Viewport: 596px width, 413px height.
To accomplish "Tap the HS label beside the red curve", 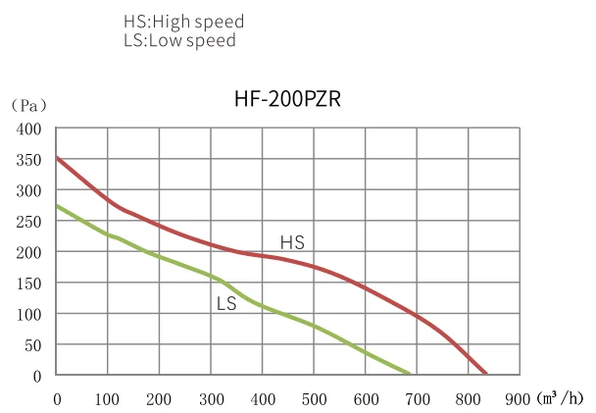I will click(292, 241).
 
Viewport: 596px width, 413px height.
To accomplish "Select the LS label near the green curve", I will click(226, 304).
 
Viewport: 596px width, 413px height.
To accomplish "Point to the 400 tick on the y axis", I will click(29, 129).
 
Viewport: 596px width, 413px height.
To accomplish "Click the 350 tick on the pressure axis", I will click(29, 159).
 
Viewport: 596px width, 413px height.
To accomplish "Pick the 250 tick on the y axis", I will click(29, 221).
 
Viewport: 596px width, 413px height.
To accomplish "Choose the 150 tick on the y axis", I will click(29, 283).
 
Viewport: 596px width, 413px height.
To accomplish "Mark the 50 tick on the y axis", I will click(32, 344).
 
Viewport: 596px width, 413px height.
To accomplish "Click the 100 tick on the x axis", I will click(108, 399).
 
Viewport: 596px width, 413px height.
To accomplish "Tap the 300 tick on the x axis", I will click(211, 399).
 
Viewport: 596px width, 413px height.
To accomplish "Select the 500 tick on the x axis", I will click(314, 399).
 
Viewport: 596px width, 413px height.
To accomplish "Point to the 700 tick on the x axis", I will click(417, 399).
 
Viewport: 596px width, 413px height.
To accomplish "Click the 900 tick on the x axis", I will click(520, 399).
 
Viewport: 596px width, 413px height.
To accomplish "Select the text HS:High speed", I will click(183, 21).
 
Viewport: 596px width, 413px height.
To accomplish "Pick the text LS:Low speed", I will click(179, 40).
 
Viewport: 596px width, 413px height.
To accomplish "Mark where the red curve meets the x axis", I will click(486, 375).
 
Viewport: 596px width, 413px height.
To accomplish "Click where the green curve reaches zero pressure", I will click(409, 375).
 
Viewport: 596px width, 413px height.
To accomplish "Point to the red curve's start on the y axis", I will click(57, 157).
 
